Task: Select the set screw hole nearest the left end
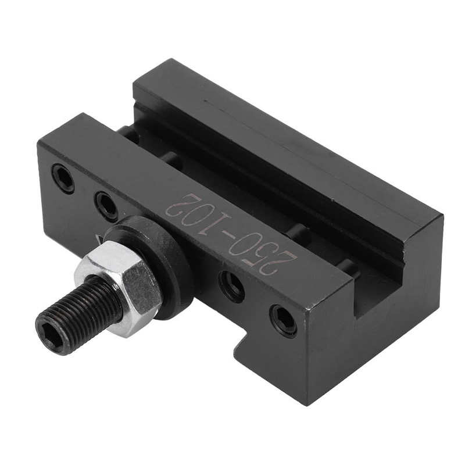[63, 178]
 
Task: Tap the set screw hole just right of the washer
[231, 285]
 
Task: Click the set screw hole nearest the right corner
[283, 320]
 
